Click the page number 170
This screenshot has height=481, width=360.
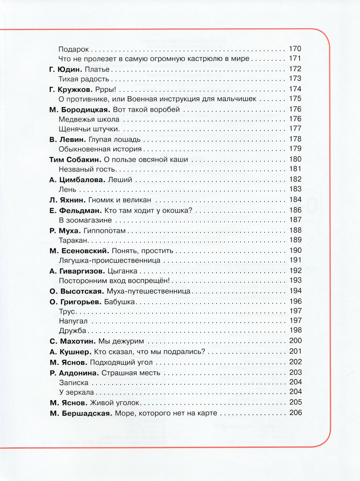[x=295, y=49]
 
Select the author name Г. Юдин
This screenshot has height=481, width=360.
[x=66, y=69]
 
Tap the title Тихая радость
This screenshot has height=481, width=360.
[x=84, y=79]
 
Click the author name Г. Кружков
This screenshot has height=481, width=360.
[x=71, y=89]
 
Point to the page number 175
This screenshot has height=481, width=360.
[x=295, y=99]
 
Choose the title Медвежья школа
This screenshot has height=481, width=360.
[x=89, y=119]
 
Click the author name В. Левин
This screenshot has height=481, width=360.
[x=68, y=140]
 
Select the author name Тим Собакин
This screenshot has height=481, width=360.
[x=75, y=160]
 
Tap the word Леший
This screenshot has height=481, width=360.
[x=120, y=180]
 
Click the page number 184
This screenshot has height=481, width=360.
[x=295, y=200]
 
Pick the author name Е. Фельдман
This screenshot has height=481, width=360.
[x=75, y=211]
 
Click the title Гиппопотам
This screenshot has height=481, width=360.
[x=104, y=231]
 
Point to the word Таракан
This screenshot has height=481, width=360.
[x=73, y=240]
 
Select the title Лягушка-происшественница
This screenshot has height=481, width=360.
[x=109, y=260]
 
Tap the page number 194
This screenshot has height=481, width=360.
[x=295, y=291]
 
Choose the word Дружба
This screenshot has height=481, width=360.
[x=72, y=331]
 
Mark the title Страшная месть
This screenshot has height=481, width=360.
[x=131, y=373]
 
